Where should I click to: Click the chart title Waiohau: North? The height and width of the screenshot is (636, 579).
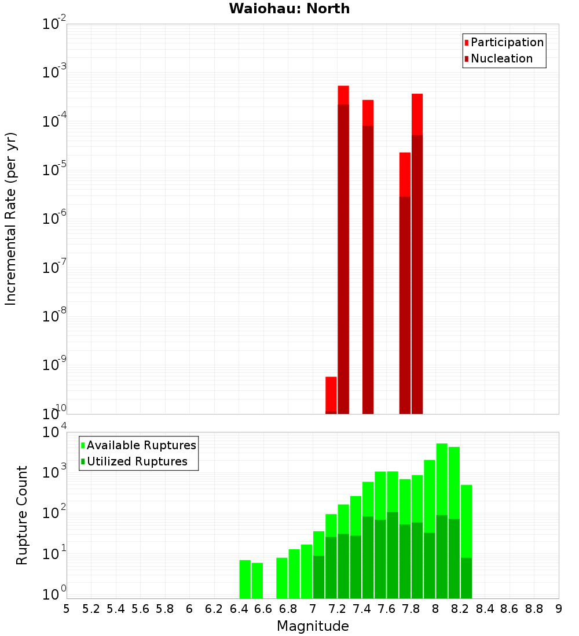(289, 9)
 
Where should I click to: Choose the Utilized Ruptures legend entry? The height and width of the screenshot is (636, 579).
(137, 461)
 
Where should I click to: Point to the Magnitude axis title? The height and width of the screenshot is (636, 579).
(313, 626)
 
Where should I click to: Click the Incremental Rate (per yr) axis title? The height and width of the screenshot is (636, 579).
(11, 219)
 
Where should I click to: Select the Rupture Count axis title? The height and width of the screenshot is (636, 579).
(22, 515)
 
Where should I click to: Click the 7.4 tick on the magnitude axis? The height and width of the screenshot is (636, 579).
(362, 609)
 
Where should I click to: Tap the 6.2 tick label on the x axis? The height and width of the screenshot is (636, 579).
(214, 609)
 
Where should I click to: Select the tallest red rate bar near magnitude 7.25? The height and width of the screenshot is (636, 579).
(343, 249)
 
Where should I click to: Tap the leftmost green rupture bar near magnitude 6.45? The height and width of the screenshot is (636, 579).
(245, 579)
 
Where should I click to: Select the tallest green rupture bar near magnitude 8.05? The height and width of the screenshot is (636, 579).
(442, 520)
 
